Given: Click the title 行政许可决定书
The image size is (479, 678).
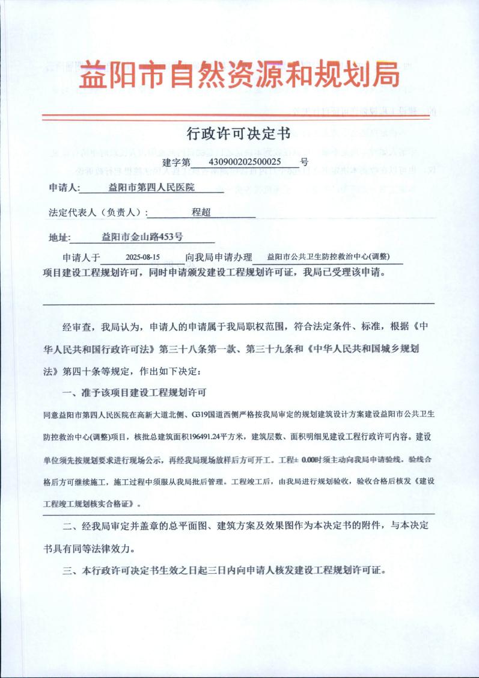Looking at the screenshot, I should click(239, 134).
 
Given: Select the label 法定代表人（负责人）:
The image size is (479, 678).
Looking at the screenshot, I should click(99, 212).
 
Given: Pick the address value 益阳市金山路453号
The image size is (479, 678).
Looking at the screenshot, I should click(142, 236).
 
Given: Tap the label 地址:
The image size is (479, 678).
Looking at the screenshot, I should click(59, 237).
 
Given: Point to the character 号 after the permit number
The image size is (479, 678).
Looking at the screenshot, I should click(304, 162).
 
